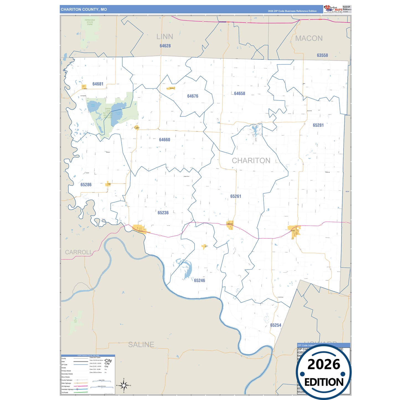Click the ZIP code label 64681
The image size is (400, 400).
point(98,84)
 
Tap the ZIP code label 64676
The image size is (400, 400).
point(193,96)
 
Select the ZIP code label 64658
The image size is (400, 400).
point(239,94)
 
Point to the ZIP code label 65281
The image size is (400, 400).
point(318,125)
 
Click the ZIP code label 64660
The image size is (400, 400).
point(164,140)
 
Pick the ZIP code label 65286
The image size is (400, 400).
point(86,185)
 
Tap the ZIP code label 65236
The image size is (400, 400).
point(163,213)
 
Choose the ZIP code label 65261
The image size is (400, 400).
point(236,196)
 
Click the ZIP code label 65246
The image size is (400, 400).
point(199,280)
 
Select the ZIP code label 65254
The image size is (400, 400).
point(275,325)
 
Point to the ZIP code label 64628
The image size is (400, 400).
point(165,46)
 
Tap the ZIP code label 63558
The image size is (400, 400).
point(322,55)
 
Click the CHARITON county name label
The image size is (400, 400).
point(251,161)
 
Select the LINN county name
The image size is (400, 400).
point(165,37)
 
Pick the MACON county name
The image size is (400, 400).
point(309,38)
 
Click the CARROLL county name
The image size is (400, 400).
point(79,252)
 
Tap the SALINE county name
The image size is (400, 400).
point(141,344)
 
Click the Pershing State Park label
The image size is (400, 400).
point(90,22)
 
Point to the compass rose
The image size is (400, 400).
point(124,385)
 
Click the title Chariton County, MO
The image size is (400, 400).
point(84,9)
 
